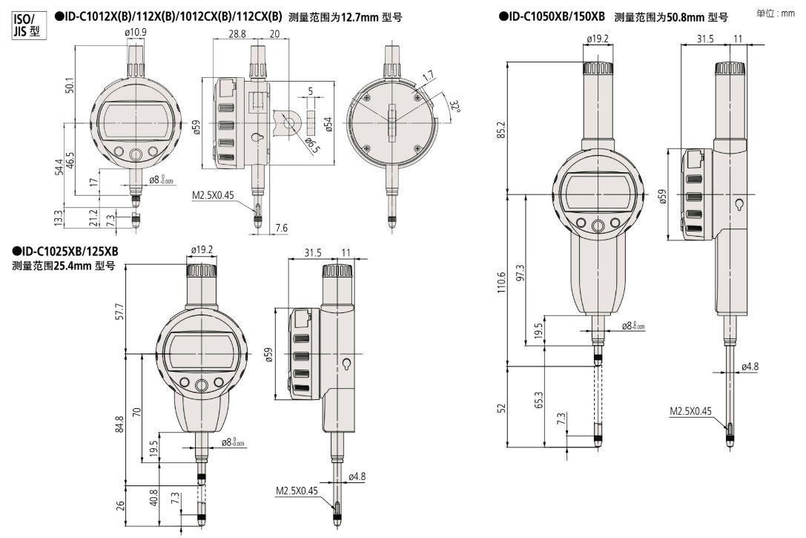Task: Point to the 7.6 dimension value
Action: pyautogui.click(x=281, y=227)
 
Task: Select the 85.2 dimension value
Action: pyautogui.click(x=501, y=131)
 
